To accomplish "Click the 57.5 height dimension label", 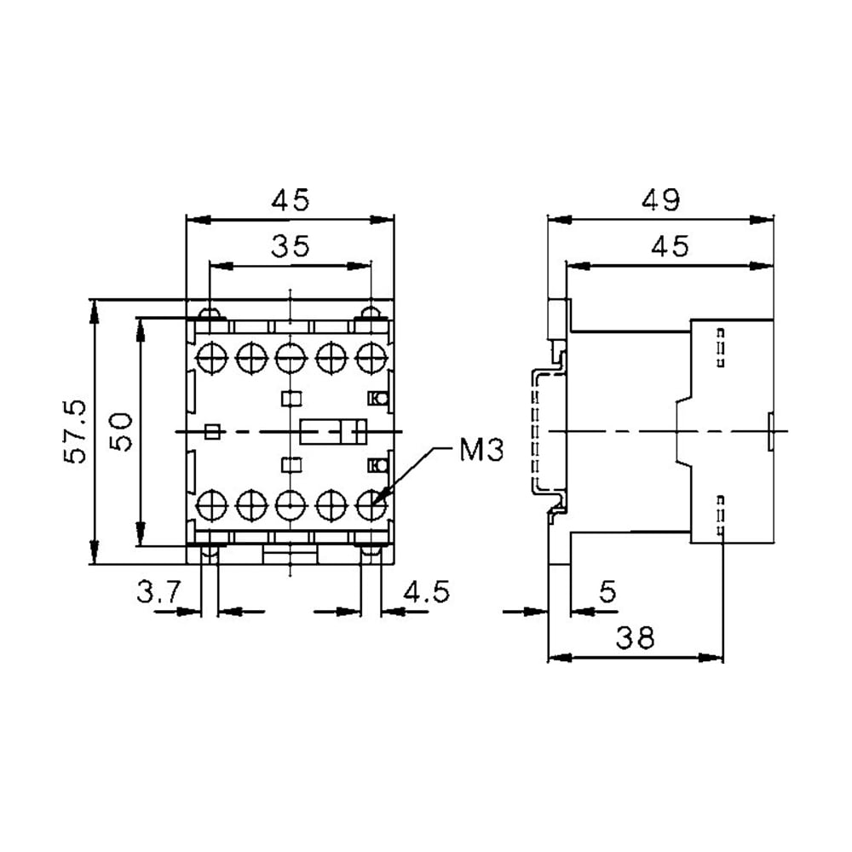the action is click(x=76, y=431).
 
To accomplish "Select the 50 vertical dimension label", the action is click(x=121, y=432).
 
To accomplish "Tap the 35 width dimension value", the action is click(x=291, y=246).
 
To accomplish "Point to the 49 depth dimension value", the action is click(x=660, y=200).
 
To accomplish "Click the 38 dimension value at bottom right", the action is click(x=635, y=637).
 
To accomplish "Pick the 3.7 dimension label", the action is click(x=158, y=592).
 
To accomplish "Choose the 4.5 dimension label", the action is click(x=427, y=592).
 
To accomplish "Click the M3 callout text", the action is click(x=481, y=450).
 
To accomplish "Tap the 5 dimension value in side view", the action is click(x=607, y=592).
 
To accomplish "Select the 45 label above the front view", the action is click(x=291, y=200).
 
